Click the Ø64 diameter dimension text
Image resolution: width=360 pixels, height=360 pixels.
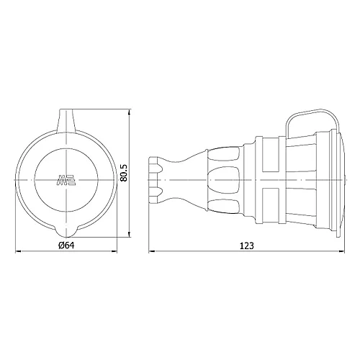coord(66,246)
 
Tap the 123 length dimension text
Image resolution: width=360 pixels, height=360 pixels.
coord(247,246)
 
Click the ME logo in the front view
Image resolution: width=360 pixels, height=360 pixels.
coord(66,180)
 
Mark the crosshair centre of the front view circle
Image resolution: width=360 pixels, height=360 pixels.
coord(66,176)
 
